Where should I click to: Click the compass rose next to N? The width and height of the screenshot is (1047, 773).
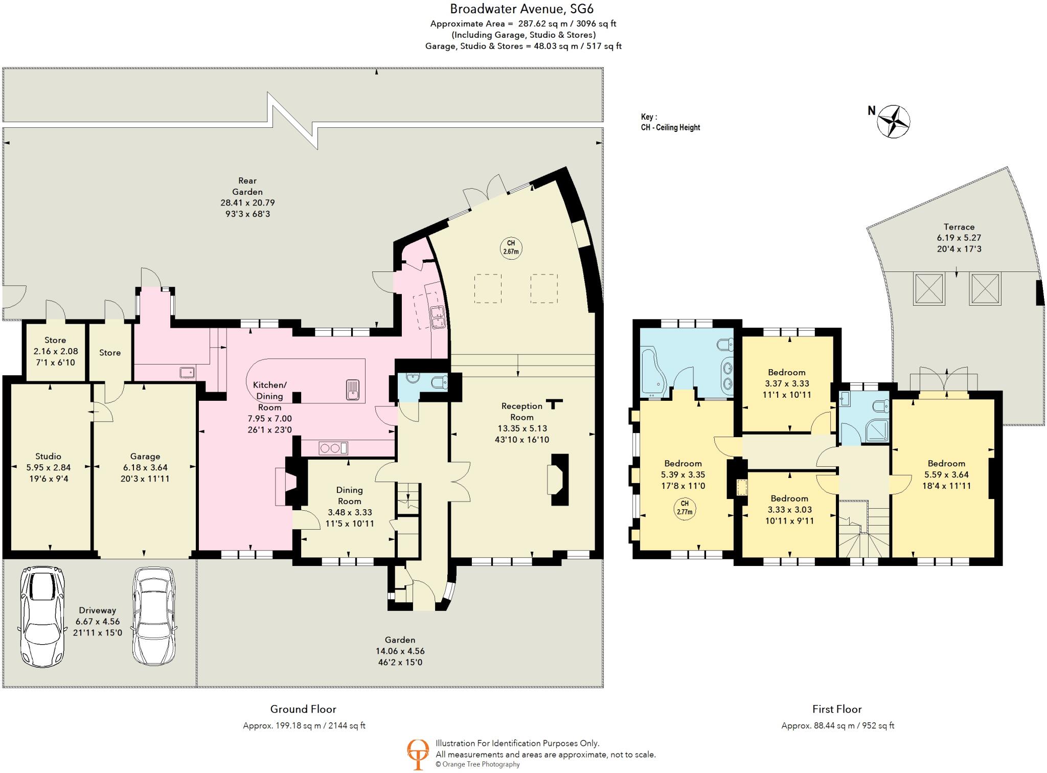tap(894, 122)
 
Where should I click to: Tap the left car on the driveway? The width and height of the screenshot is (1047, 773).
tap(42, 616)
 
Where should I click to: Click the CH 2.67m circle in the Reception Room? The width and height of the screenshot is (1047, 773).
tap(511, 247)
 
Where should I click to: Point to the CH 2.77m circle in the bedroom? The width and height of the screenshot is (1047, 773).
tap(685, 508)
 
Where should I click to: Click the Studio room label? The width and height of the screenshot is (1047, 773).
tap(48, 456)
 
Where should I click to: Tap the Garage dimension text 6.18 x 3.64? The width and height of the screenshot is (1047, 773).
tap(145, 467)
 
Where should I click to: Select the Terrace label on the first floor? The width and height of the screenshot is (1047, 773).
tap(959, 226)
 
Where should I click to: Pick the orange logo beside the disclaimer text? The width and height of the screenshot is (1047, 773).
tap(418, 754)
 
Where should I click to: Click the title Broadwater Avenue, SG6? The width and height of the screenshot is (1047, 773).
tap(521, 9)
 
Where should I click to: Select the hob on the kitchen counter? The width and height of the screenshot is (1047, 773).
tap(333, 448)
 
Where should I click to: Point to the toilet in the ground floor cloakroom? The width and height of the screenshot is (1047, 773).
tap(439, 382)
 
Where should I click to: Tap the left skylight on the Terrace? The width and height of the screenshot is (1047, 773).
tap(929, 289)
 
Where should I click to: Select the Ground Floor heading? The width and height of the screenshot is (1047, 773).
tap(303, 709)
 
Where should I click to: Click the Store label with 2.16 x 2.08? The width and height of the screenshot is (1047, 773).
tap(55, 340)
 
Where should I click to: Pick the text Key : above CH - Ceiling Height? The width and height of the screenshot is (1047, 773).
tap(649, 117)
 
